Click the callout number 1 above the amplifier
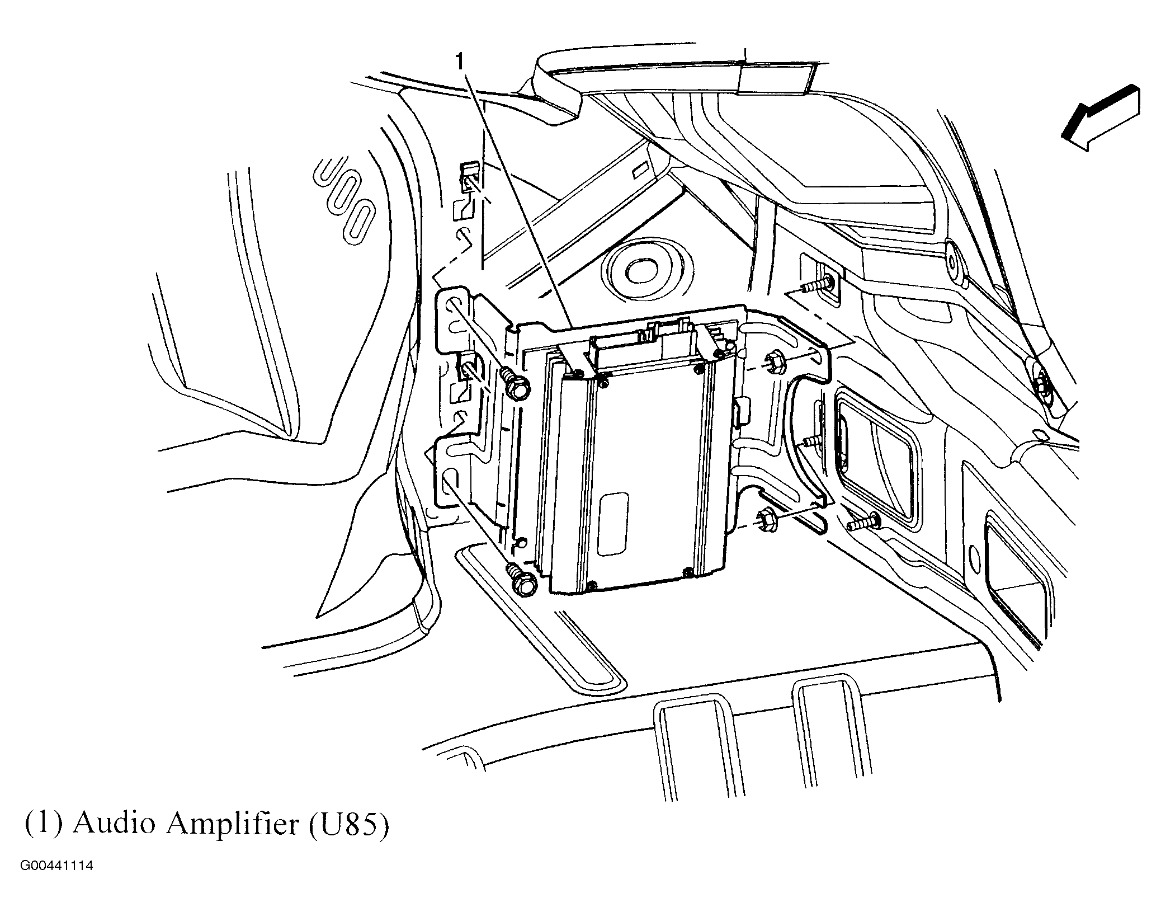[x=460, y=62]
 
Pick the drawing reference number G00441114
[x=56, y=882]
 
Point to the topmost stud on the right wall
[x=817, y=287]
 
